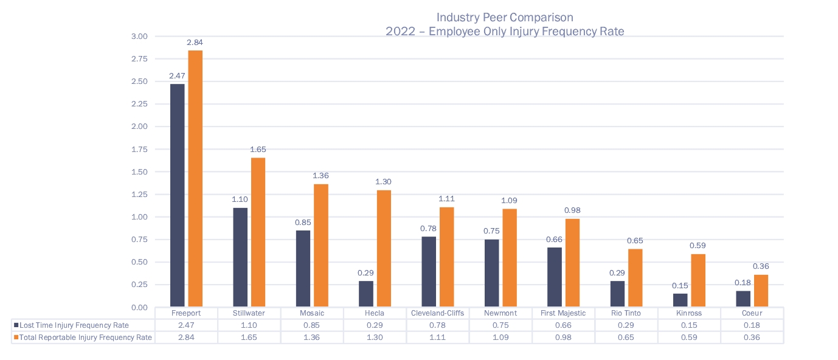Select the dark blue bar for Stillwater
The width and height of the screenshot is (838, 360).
pyautogui.click(x=240, y=257)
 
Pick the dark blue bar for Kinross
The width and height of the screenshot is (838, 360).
pyautogui.click(x=680, y=300)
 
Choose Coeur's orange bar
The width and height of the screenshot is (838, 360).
pyautogui.click(x=761, y=291)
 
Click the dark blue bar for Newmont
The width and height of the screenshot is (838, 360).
pyautogui.click(x=492, y=272)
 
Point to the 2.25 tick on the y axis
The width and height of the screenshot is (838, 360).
pyautogui.click(x=140, y=104)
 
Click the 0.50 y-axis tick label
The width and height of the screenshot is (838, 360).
pyautogui.click(x=140, y=262)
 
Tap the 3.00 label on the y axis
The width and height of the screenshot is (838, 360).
pyautogui.click(x=140, y=36)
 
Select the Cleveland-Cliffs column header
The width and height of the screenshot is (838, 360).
pyautogui.click(x=438, y=313)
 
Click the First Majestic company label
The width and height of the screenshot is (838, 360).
pyautogui.click(x=563, y=313)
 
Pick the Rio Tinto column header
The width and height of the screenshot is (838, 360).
pyautogui.click(x=626, y=313)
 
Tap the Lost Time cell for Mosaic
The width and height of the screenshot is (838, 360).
pyautogui.click(x=312, y=325)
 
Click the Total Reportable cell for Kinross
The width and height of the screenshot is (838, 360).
pyautogui.click(x=689, y=337)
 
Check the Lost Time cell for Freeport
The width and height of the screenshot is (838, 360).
pyautogui.click(x=186, y=325)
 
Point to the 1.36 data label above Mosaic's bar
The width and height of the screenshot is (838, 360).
pyautogui.click(x=320, y=176)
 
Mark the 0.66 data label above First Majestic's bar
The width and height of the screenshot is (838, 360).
pyautogui.click(x=555, y=239)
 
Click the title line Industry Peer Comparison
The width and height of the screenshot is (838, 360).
pyautogui.click(x=505, y=18)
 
